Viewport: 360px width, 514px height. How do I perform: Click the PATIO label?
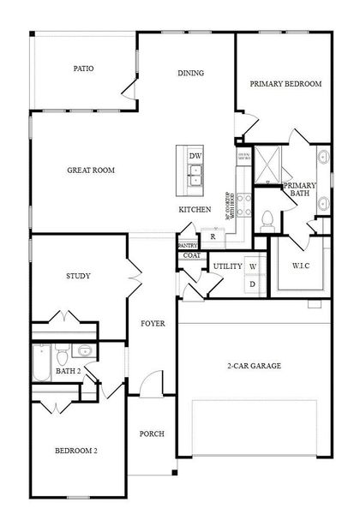83,69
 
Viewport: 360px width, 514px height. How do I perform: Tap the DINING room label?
190,73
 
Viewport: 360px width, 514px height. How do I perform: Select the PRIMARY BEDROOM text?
285,84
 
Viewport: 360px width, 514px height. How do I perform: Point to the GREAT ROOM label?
91,170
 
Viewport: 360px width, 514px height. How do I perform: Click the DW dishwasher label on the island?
195,156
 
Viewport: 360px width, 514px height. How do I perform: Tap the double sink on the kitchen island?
195,176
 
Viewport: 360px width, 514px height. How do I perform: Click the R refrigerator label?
212,236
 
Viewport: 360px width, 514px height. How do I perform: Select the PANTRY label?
188,246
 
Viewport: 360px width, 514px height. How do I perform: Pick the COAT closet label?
192,255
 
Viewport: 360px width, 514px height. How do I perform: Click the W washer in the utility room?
253,266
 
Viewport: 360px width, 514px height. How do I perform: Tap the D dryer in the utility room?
253,284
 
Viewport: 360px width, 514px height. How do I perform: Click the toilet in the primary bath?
267,219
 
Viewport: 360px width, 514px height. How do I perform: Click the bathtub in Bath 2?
40,362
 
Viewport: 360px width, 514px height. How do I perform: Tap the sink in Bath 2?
84,350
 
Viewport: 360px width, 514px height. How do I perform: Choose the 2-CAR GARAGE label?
254,366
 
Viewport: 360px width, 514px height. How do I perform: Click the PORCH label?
152,433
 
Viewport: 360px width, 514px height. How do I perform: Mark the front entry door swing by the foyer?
152,383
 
